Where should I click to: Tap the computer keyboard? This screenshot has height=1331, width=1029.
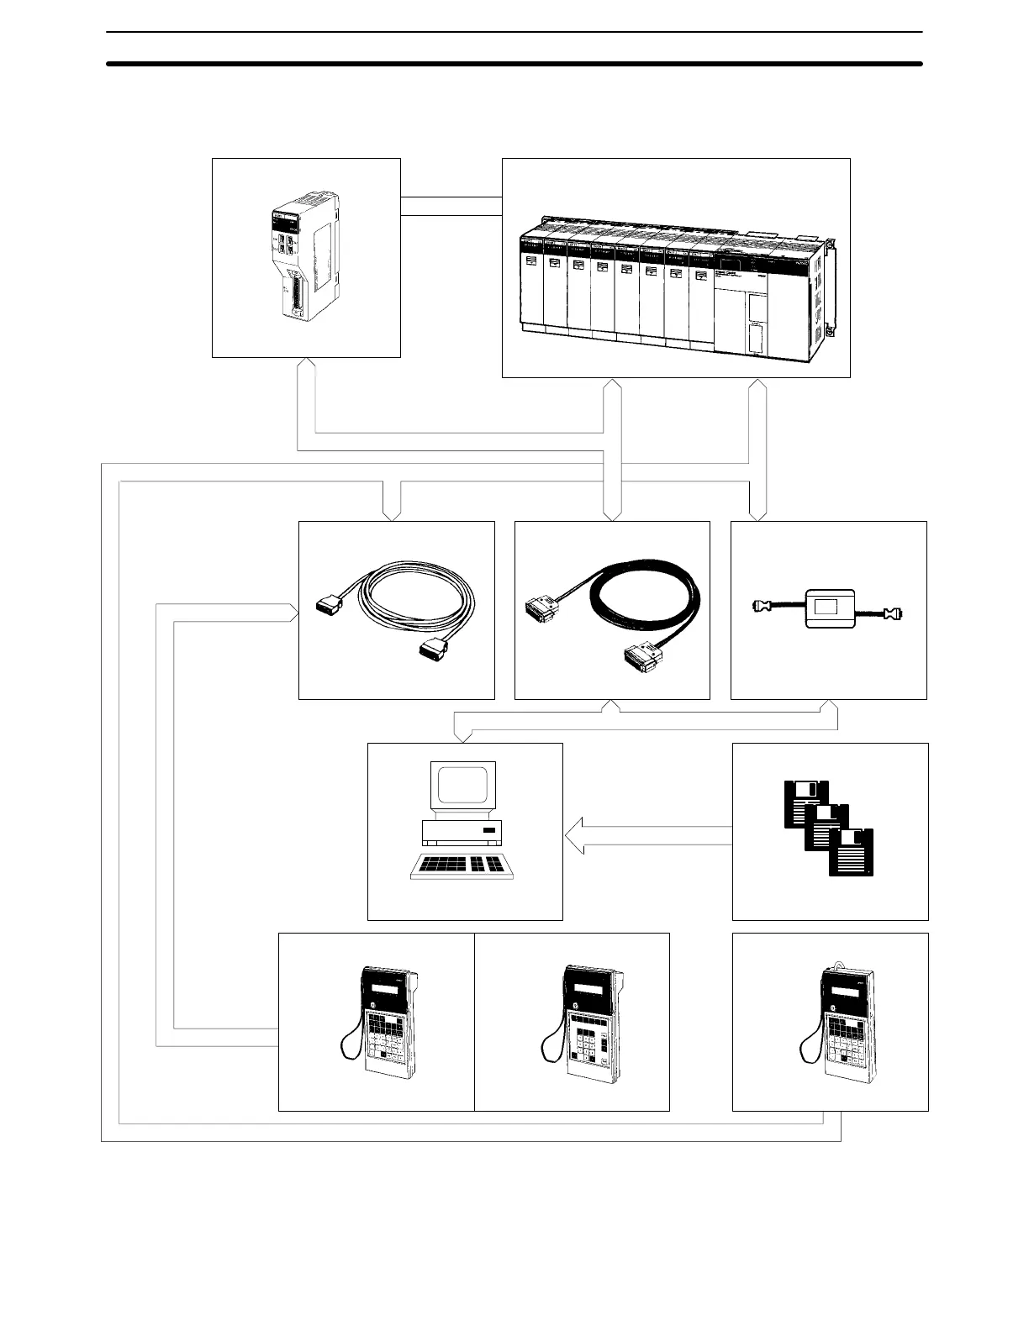(462, 866)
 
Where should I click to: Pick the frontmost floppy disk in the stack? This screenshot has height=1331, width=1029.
(851, 852)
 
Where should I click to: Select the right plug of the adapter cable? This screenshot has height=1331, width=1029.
(894, 614)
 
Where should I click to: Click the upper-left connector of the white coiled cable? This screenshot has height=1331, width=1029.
(330, 606)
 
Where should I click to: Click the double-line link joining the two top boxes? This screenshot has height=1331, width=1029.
(451, 205)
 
